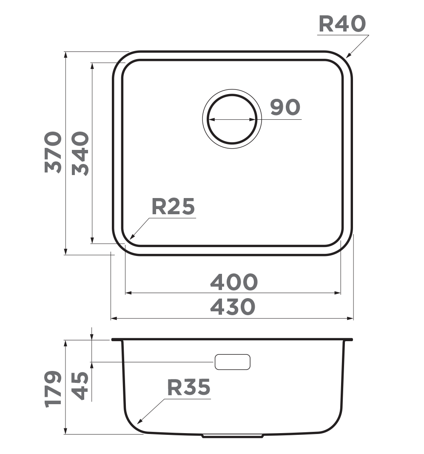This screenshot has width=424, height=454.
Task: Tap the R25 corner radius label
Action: [173, 207]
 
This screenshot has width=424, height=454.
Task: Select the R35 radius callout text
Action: [188, 387]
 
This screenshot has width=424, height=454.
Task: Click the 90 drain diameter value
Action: [285, 107]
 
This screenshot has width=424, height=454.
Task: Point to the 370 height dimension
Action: [54, 152]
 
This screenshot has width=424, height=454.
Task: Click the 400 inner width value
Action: [234, 282]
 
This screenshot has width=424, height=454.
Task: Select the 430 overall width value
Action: [233, 307]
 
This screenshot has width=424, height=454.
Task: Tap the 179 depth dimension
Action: [54, 389]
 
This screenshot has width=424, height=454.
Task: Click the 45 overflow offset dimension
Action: [80, 385]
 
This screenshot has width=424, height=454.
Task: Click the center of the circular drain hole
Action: [232, 119]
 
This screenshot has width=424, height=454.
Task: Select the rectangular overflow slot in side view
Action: [232, 362]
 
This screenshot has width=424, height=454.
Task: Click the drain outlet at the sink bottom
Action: [233, 436]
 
